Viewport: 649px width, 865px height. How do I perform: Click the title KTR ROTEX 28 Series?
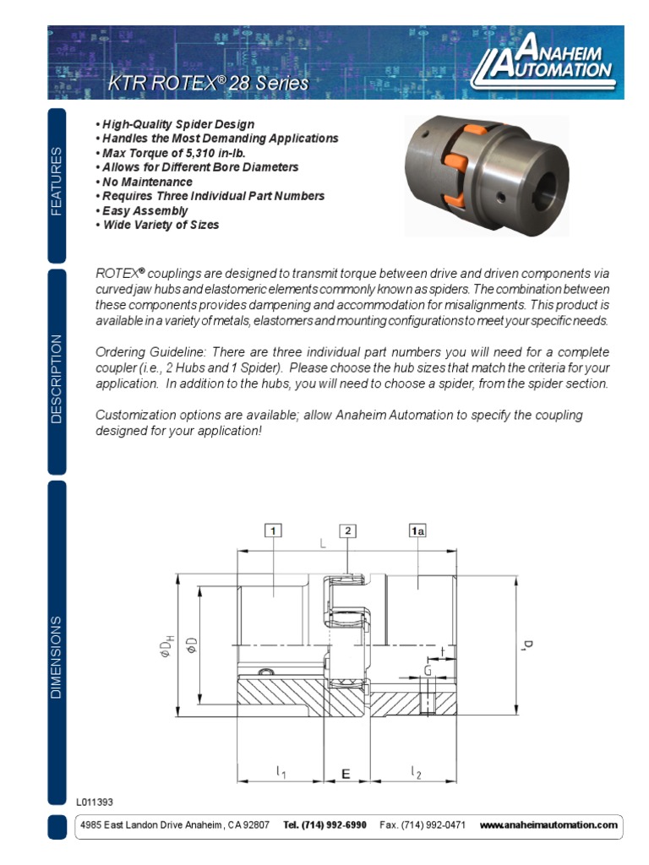pyautogui.click(x=208, y=84)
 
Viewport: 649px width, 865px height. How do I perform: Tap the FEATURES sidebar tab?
pyautogui.click(x=57, y=182)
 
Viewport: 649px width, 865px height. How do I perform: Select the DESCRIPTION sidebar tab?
pyautogui.click(x=57, y=378)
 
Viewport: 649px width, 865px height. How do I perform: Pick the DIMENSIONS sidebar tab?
pyautogui.click(x=57, y=657)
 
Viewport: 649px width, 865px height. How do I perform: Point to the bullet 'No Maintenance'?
pyautogui.click(x=146, y=182)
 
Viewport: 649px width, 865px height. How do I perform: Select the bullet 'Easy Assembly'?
pyautogui.click(x=144, y=210)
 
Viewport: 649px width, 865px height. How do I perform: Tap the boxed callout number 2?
pyautogui.click(x=347, y=530)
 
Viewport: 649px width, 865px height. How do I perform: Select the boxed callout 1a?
pyautogui.click(x=417, y=530)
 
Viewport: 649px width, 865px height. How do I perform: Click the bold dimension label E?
pyautogui.click(x=345, y=773)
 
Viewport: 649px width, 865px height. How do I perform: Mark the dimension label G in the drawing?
pyautogui.click(x=428, y=671)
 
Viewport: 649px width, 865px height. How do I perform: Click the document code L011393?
pyautogui.click(x=94, y=802)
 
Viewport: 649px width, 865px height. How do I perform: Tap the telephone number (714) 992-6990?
pyautogui.click(x=324, y=824)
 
